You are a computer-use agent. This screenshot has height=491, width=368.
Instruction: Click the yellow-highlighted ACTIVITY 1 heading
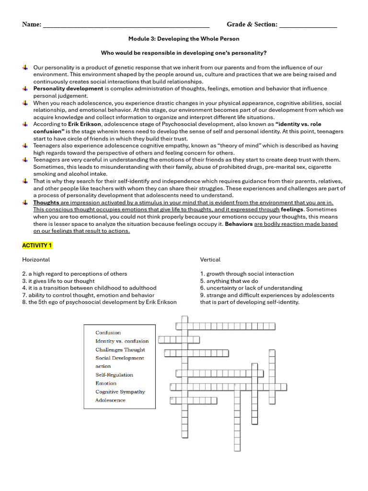[x=37, y=245]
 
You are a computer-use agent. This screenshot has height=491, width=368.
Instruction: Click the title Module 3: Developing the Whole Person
[x=184, y=39]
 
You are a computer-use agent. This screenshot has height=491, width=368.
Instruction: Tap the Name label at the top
[x=32, y=24]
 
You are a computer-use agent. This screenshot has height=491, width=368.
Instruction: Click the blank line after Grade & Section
[x=308, y=25]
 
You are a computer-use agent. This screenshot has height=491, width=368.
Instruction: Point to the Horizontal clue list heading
[x=36, y=259]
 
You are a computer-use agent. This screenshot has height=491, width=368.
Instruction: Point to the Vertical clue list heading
[x=210, y=259]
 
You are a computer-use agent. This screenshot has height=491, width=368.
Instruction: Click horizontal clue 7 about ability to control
[x=88, y=295]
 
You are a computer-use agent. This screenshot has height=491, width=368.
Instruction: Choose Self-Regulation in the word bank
[x=114, y=375]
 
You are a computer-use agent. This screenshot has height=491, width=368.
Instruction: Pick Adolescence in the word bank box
[x=110, y=400]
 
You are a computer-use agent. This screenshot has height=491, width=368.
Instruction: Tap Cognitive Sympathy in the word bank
[x=120, y=392]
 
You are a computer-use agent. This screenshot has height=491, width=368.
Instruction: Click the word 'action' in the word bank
[x=103, y=366]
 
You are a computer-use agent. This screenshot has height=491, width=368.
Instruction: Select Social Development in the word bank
[x=119, y=358]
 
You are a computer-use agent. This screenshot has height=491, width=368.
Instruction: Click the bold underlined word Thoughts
[x=46, y=202]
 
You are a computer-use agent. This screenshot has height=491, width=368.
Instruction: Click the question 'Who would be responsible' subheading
[x=184, y=53]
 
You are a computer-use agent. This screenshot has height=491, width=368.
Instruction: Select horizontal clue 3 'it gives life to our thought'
[x=58, y=281]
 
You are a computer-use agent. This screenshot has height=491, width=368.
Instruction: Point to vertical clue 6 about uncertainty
[x=251, y=288]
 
